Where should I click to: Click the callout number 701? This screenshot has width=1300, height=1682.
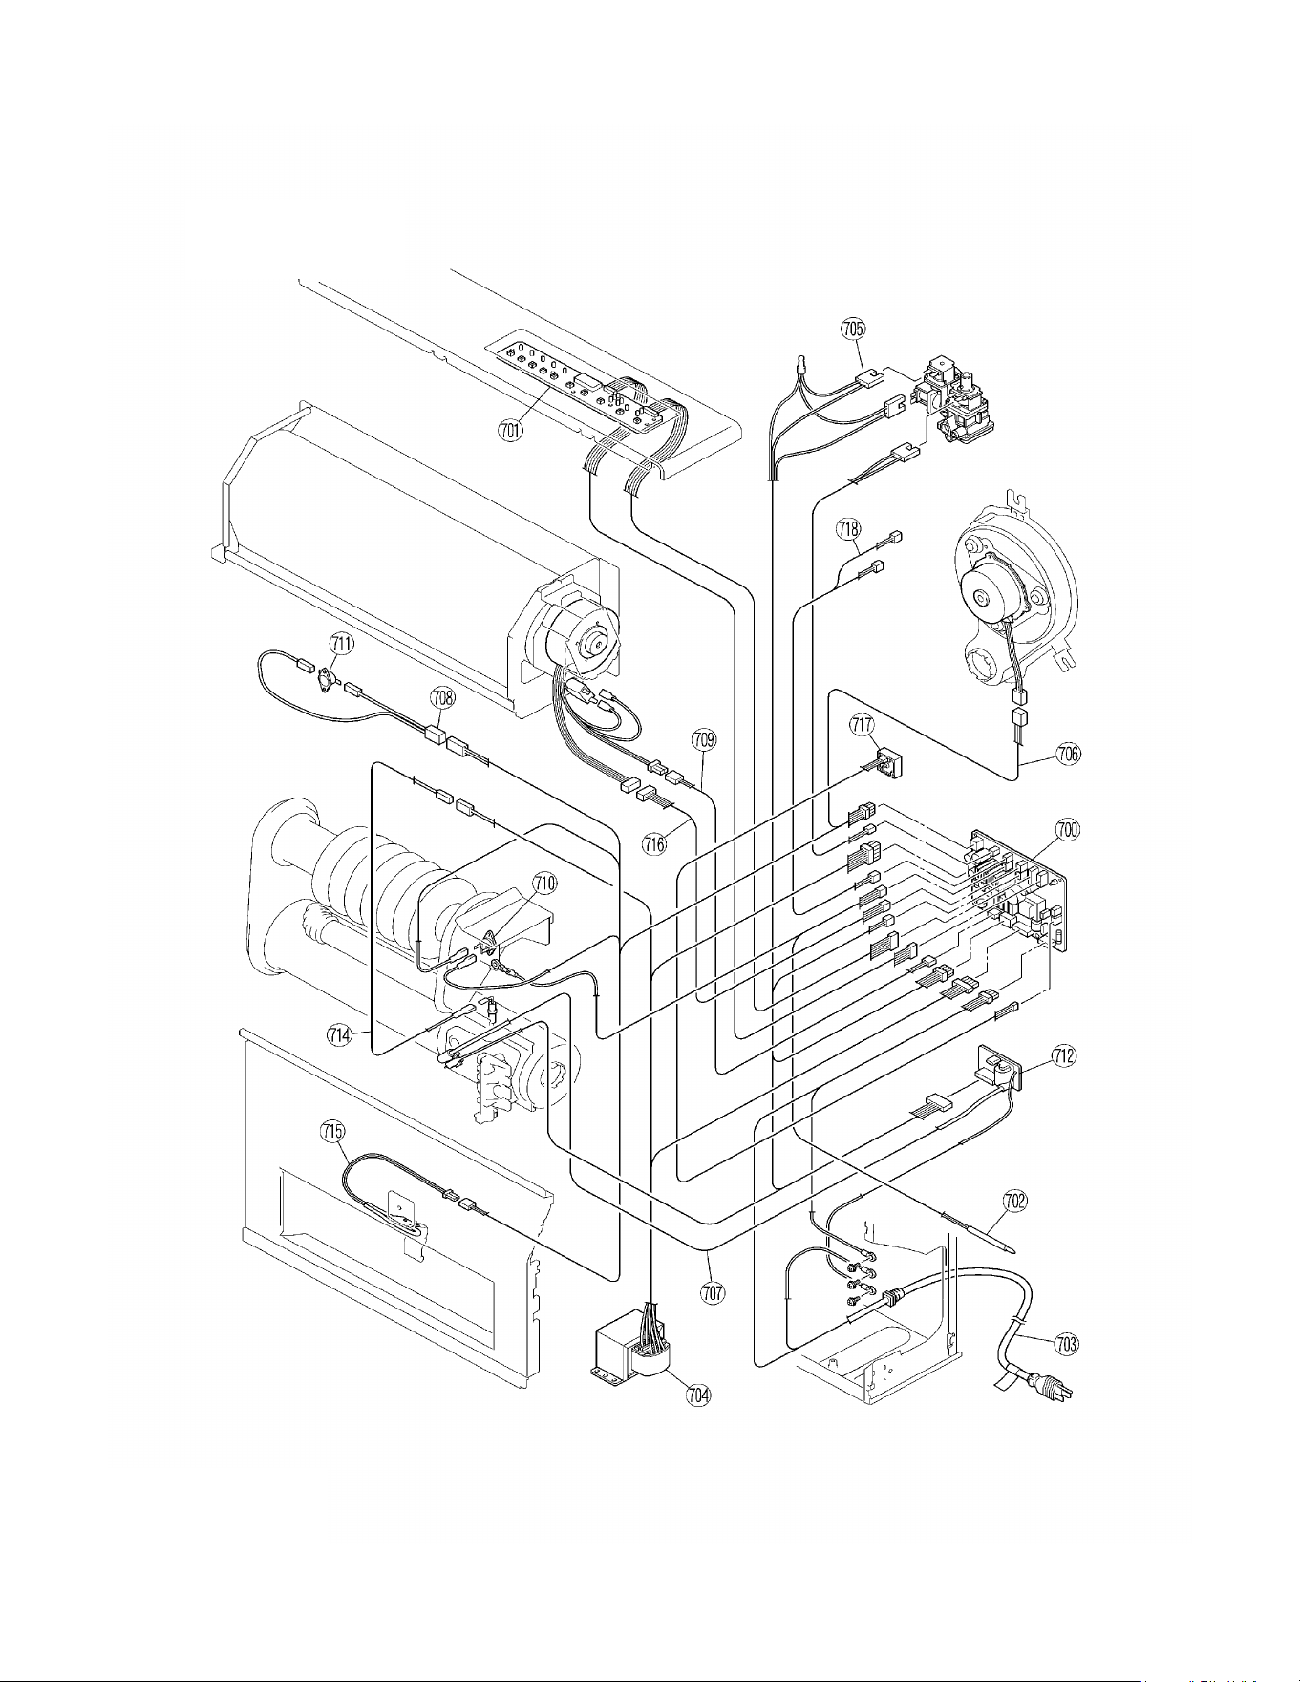coord(510,431)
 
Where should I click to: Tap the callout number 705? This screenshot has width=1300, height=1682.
coord(853,329)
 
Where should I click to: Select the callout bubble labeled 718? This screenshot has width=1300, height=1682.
coord(848,527)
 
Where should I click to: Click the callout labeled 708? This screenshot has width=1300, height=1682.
coord(442,697)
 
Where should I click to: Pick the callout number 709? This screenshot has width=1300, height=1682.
coord(704,738)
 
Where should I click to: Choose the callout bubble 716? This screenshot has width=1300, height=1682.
coord(654,844)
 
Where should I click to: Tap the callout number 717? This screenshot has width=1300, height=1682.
coord(863,726)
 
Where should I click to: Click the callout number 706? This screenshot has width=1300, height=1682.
coord(1069,754)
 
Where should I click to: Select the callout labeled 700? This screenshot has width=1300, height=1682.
coord(1067,829)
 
